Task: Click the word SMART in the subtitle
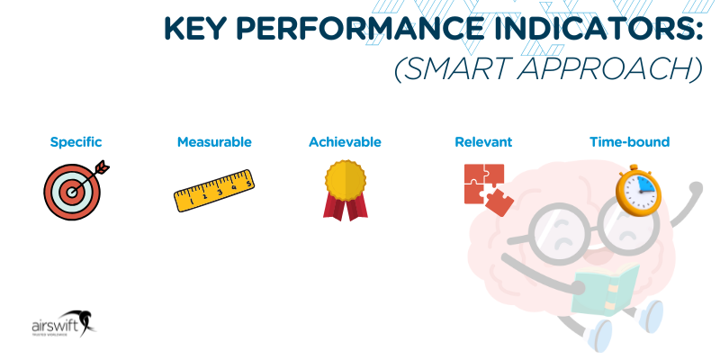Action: click(x=463, y=69)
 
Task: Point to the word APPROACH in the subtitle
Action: click(x=613, y=69)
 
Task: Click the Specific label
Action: click(x=76, y=142)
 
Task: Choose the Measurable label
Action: click(x=214, y=142)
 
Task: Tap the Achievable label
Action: click(x=345, y=142)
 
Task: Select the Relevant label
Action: click(x=483, y=142)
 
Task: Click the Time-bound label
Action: click(x=629, y=142)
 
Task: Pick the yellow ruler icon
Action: click(x=213, y=192)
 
